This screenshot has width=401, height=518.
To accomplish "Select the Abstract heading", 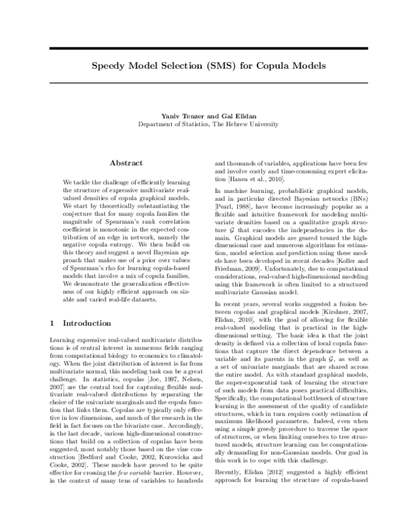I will coord(126,163).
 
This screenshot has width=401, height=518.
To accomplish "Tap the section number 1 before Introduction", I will coord(53,323).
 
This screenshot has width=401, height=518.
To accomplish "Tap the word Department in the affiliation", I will coord(158,125).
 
